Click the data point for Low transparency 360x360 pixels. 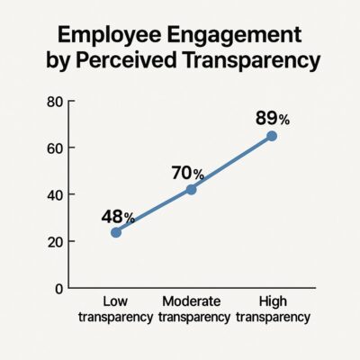pyautogui.click(x=116, y=231)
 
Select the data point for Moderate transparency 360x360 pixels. pyautogui.click(x=191, y=189)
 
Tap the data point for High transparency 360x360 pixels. pyautogui.click(x=272, y=136)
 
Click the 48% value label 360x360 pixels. pyautogui.click(x=117, y=216)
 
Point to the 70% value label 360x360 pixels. pyautogui.click(x=189, y=172)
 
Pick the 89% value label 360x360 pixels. pyautogui.click(x=272, y=118)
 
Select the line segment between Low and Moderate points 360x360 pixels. pyautogui.click(x=153, y=211)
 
